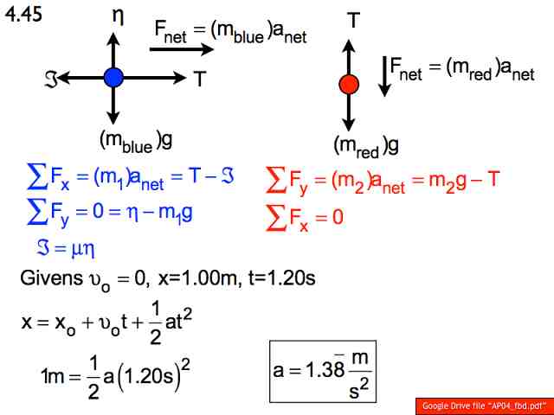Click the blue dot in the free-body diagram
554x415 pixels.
[113, 78]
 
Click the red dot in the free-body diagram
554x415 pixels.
[349, 85]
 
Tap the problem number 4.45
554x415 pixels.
[23, 15]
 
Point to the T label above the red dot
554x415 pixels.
[354, 20]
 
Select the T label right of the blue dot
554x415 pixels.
[200, 79]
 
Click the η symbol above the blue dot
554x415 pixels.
[118, 16]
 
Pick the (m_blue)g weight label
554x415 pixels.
[136, 141]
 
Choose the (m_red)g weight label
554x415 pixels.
[366, 146]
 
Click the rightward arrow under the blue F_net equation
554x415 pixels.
[182, 49]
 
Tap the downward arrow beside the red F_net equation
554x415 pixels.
[384, 77]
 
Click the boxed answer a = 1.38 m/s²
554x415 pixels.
[323, 371]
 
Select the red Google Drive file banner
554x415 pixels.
[485, 406]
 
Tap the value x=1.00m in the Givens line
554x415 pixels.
[197, 278]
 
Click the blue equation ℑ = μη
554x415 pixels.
[66, 249]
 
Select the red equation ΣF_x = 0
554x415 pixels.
[304, 218]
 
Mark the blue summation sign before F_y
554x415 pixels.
[37, 212]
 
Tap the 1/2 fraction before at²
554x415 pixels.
[156, 324]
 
